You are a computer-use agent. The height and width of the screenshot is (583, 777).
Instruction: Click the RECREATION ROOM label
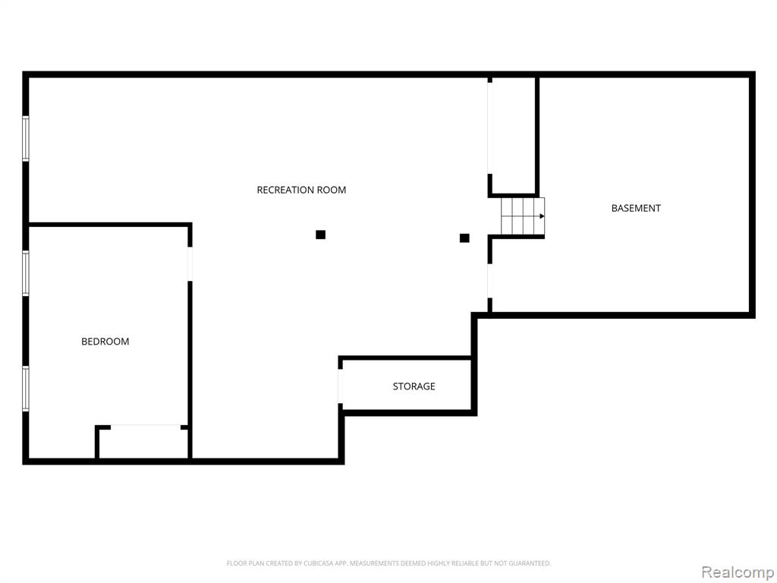[x=301, y=190]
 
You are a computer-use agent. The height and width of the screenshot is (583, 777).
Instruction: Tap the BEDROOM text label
[x=105, y=342]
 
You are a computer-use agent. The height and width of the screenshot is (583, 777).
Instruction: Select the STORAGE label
[x=414, y=386]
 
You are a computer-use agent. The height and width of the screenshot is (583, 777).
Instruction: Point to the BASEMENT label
[x=636, y=208]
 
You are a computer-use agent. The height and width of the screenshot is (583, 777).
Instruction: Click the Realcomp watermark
[x=738, y=572]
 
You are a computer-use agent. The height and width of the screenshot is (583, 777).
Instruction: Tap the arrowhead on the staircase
[x=542, y=216]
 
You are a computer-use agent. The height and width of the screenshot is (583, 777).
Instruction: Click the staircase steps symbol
[x=523, y=216]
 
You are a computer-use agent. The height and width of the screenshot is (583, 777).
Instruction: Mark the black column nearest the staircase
[x=464, y=238]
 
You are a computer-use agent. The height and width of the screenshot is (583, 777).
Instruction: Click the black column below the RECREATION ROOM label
[x=321, y=235]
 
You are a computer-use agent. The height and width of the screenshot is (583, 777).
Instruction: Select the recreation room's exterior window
[x=25, y=138]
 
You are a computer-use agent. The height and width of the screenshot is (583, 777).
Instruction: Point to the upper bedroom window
[x=25, y=273]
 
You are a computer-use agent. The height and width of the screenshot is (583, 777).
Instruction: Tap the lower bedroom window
[x=25, y=389]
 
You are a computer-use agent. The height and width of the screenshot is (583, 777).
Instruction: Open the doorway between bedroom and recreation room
[x=190, y=263]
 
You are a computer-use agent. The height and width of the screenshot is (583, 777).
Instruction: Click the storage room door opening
[x=341, y=386]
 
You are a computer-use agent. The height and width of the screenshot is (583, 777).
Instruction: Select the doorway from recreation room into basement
[x=490, y=281]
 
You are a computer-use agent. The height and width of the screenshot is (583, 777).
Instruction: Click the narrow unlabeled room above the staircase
[x=514, y=135]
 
